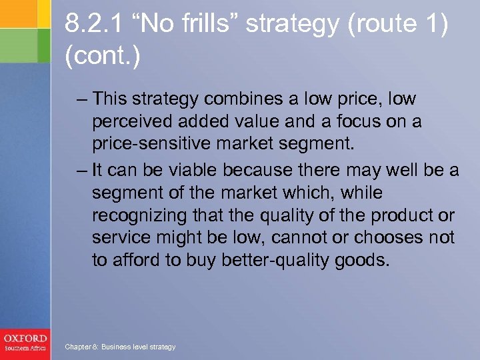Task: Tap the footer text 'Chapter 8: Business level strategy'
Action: (119, 347)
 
